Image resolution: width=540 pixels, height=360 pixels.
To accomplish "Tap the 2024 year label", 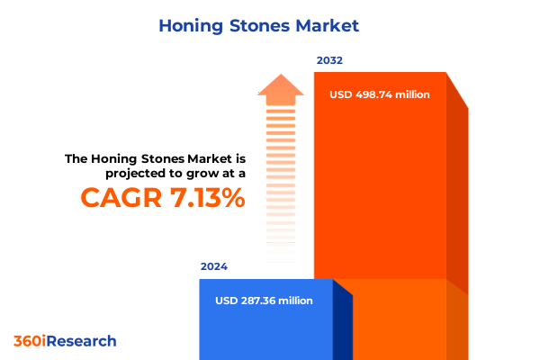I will point(214,267).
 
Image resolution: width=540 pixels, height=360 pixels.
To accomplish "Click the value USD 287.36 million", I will point(265,301).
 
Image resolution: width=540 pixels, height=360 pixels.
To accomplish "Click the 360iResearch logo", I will point(65,341).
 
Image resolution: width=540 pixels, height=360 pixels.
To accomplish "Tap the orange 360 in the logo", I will point(29,341).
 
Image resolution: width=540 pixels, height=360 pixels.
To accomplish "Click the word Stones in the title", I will point(261,25).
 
